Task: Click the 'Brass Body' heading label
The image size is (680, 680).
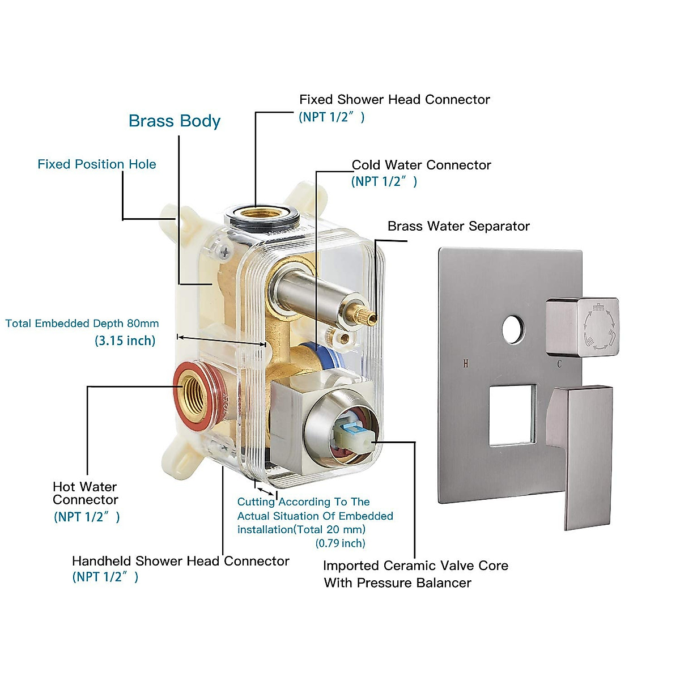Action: coord(174,121)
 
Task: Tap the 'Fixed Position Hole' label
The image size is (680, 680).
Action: coord(96,164)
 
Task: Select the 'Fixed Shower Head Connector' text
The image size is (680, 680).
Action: coord(394,100)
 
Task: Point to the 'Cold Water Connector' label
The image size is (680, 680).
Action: coord(421,165)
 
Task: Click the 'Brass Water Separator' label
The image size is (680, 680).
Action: coord(458,226)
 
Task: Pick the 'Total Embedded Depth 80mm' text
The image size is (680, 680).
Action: coord(82,324)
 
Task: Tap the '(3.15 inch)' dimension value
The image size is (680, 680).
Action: coord(125,341)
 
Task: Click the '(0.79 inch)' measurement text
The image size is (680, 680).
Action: coord(340,543)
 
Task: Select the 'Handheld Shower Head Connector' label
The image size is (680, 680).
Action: coord(180,561)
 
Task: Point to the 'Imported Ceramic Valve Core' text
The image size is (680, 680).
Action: coord(415,566)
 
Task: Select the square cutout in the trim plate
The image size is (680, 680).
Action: coord(512,414)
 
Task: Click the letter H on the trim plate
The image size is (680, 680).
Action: coord(466,364)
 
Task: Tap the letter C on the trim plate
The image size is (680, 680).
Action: coord(559,364)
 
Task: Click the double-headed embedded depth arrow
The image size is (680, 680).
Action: coord(221,341)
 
